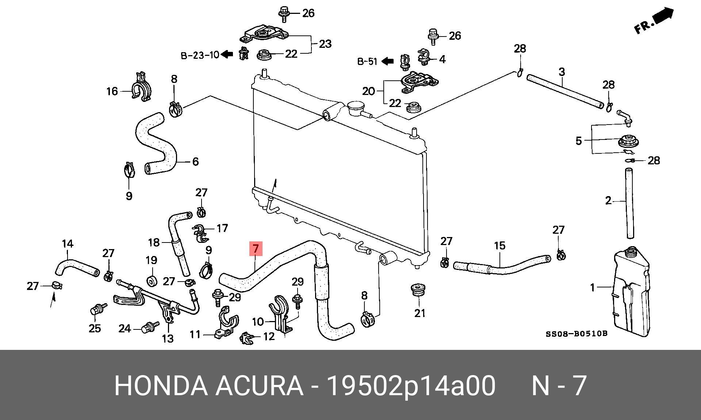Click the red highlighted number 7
(x=256, y=249)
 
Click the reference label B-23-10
(x=200, y=55)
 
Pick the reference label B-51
(x=367, y=61)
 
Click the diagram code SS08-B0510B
(x=576, y=333)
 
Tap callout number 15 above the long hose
(x=500, y=245)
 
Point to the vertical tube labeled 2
(x=629, y=203)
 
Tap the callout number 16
(x=112, y=91)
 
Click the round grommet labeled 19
(x=152, y=282)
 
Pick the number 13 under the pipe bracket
(x=168, y=339)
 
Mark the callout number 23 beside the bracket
(x=325, y=44)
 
